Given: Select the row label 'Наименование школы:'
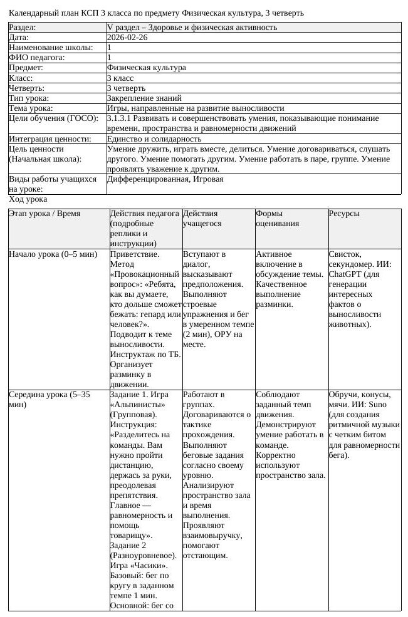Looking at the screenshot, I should click(51, 48).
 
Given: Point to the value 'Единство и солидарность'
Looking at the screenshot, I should click(154, 138).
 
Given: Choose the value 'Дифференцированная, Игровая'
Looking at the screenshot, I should click(165, 179).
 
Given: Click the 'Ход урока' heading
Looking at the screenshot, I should click(28, 199).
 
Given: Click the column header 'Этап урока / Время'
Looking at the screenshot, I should click(44, 214).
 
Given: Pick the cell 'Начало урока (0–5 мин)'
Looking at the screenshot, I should click(53, 254).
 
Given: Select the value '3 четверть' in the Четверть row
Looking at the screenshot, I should click(127, 88).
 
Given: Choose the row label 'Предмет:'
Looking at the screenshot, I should click(26, 68).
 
